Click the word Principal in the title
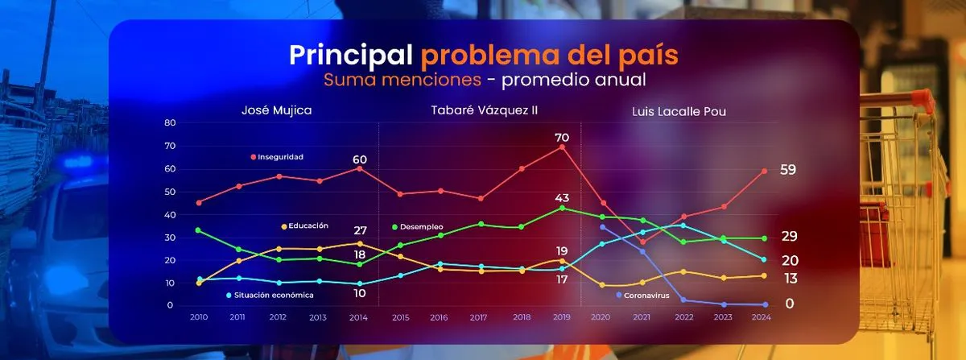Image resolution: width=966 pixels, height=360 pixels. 350,56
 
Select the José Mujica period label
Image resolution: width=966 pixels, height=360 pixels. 277,110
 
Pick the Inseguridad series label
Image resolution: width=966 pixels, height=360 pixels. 280,156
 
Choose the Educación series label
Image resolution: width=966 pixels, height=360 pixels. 308,226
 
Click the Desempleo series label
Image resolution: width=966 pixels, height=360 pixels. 422,227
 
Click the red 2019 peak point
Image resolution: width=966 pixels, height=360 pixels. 562,147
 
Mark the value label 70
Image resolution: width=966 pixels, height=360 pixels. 562,138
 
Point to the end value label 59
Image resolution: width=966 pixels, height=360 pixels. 788,170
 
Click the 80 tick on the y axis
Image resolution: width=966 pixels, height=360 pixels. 170,122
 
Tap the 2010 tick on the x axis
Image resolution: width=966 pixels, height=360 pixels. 199,318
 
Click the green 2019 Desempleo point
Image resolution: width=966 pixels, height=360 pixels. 562,208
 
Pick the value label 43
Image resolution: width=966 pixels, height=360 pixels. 562,198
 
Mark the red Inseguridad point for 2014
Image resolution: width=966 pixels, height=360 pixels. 360,168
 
